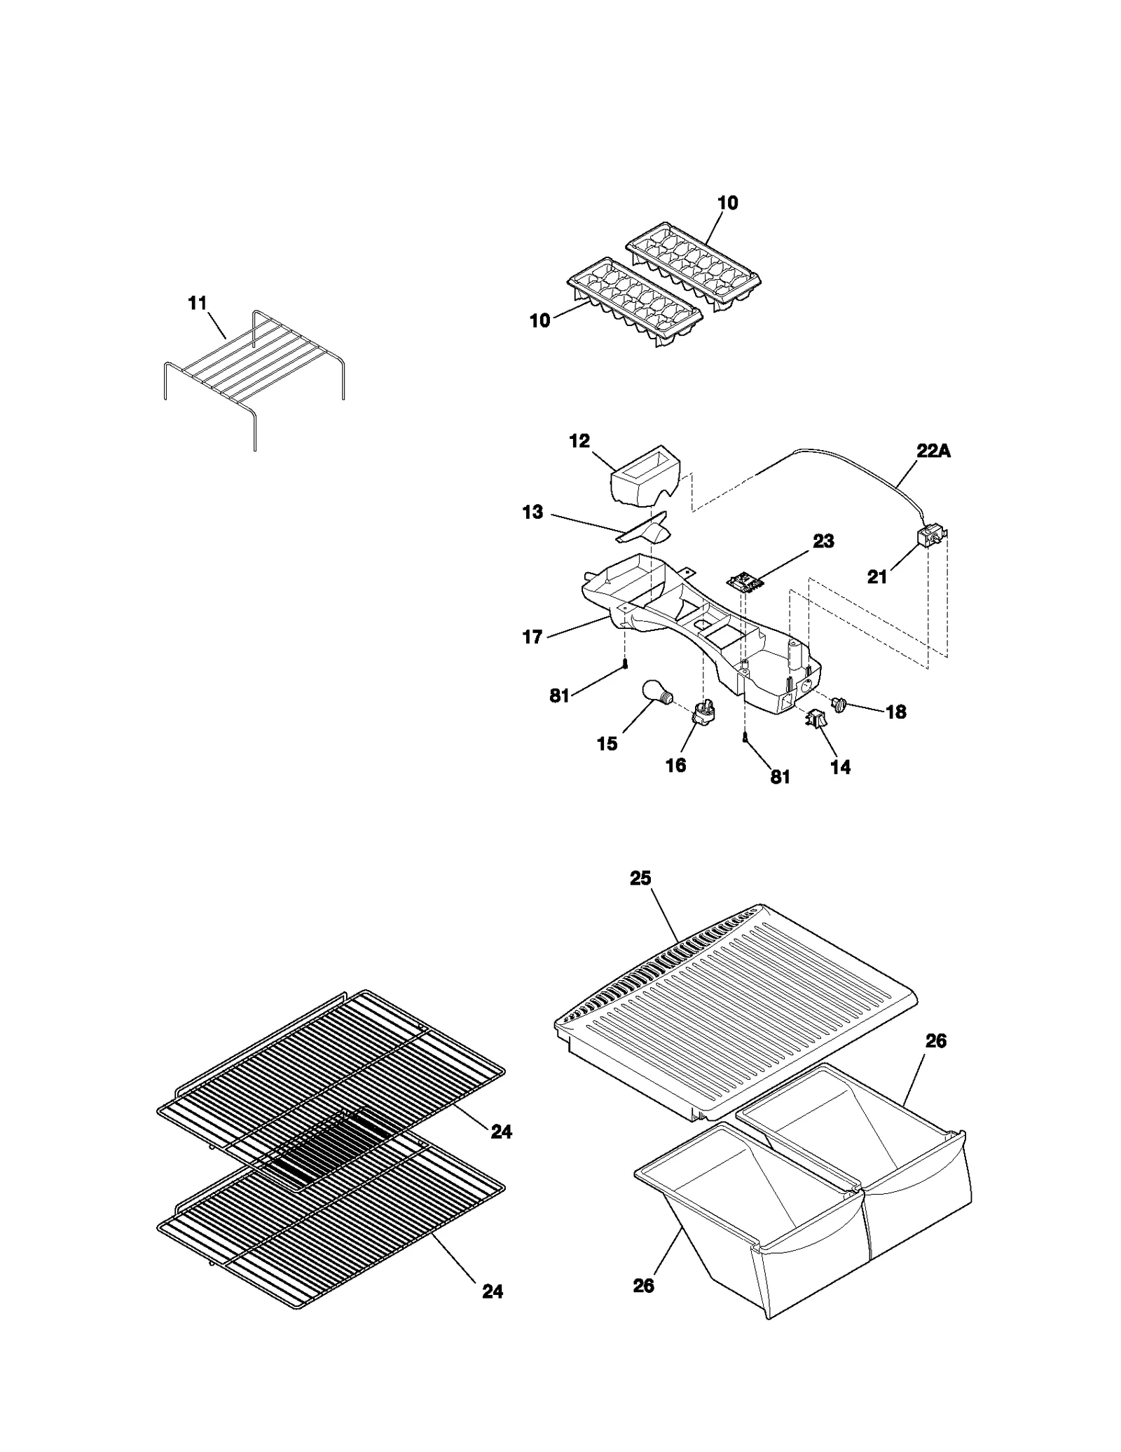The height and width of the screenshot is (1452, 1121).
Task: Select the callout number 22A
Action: point(934,452)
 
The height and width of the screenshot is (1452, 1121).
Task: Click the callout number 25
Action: point(640,878)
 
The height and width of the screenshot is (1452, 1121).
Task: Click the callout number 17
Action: point(532,637)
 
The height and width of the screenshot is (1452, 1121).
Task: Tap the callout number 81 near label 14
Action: point(780,777)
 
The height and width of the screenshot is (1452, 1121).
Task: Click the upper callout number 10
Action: point(728,203)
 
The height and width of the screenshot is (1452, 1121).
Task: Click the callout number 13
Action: point(532,513)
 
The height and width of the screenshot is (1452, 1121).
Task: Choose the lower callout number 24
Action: point(493,1291)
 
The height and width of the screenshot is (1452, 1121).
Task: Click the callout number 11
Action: point(198,303)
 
